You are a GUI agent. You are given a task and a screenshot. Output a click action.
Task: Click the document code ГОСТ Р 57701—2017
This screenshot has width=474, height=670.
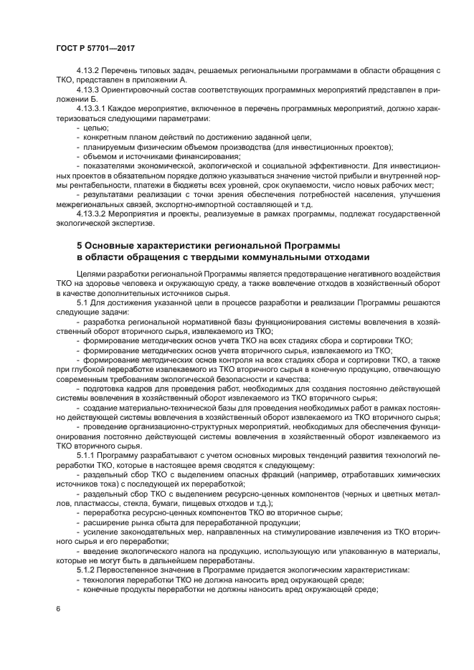pos(97,48)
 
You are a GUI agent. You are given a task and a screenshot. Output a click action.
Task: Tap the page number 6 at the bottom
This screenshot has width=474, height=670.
pos(57,608)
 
